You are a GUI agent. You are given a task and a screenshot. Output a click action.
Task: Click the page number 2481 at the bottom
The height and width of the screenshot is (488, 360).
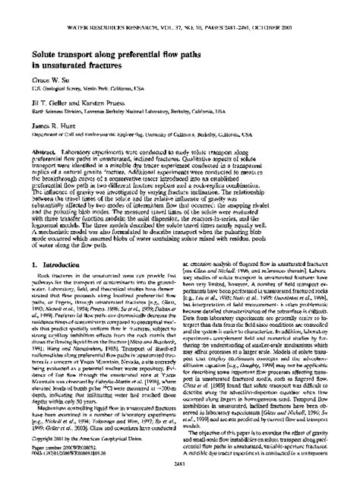pyautogui.click(x=179, y=480)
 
